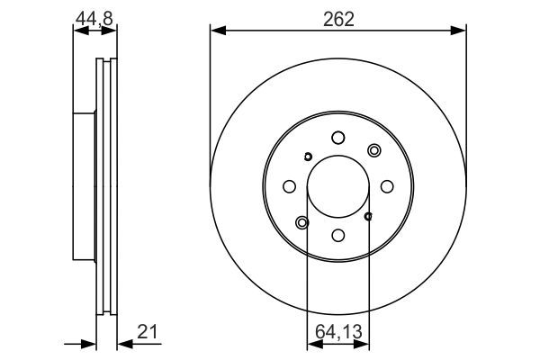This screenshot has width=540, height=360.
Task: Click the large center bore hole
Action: pyautogui.click(x=337, y=186)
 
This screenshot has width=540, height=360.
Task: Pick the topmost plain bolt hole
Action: pyautogui.click(x=337, y=138)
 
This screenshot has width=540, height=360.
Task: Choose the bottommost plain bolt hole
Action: pyautogui.click(x=337, y=235)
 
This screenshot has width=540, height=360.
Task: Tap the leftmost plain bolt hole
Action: pyautogui.click(x=289, y=186)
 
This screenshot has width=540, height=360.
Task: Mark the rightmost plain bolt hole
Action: pyautogui.click(x=386, y=186)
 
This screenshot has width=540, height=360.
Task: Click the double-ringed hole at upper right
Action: pyautogui.click(x=374, y=150)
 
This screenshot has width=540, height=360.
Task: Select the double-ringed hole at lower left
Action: pyautogui.click(x=301, y=222)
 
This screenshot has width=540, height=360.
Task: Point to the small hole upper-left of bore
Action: pyautogui.click(x=308, y=157)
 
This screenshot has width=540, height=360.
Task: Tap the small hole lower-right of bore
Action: pyautogui.click(x=368, y=216)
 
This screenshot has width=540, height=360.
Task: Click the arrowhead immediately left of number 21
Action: pyautogui.click(x=123, y=342)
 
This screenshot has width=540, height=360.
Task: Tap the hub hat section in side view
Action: pyautogui.click(x=84, y=186)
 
